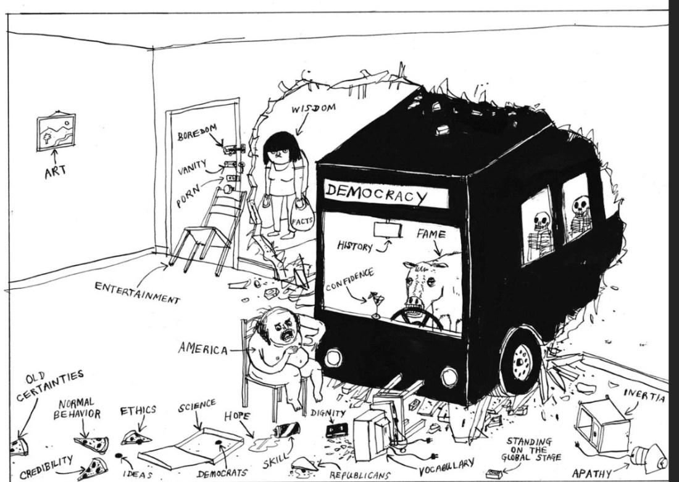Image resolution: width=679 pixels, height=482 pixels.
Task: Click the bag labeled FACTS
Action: [x=303, y=218]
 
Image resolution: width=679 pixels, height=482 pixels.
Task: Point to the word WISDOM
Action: [x=314, y=110]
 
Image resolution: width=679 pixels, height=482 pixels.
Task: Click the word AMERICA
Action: [x=202, y=349]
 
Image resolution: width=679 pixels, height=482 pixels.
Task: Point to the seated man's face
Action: [x=285, y=328]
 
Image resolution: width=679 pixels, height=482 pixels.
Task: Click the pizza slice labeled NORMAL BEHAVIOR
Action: [x=91, y=443]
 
